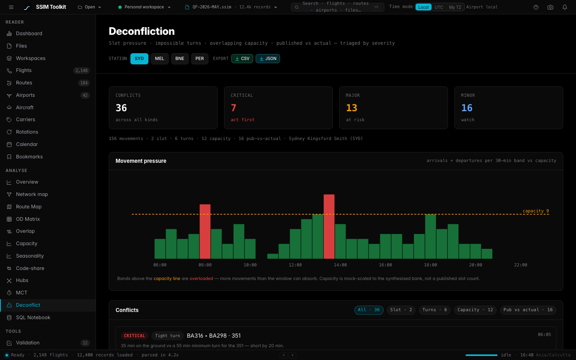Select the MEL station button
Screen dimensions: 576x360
point(160,59)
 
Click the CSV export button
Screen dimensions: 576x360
point(242,59)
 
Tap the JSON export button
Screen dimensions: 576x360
point(268,59)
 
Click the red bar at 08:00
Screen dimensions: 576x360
point(205,232)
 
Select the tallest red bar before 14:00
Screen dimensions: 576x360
point(329,226)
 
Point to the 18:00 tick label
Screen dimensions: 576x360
point(430,265)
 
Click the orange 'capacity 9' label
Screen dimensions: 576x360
point(536,211)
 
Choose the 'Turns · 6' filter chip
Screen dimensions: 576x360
point(434,310)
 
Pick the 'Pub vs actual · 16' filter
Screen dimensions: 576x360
point(528,310)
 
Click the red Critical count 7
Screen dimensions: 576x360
point(234,108)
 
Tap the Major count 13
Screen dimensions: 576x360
point(352,108)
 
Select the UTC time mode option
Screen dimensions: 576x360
point(439,7)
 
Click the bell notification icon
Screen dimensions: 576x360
point(565,7)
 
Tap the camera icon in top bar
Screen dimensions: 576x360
point(550,7)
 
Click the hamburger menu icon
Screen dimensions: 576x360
point(11,7)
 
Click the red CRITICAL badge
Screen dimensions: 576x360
point(134,336)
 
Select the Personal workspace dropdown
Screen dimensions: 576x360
point(144,7)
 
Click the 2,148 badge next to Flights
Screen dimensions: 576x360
point(82,70)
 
